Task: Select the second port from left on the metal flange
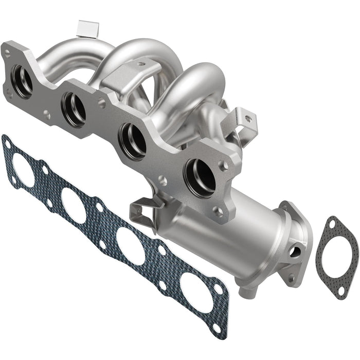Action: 74,109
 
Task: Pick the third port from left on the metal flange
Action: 133,140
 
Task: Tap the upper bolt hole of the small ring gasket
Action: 332,224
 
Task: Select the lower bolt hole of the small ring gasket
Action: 342,291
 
